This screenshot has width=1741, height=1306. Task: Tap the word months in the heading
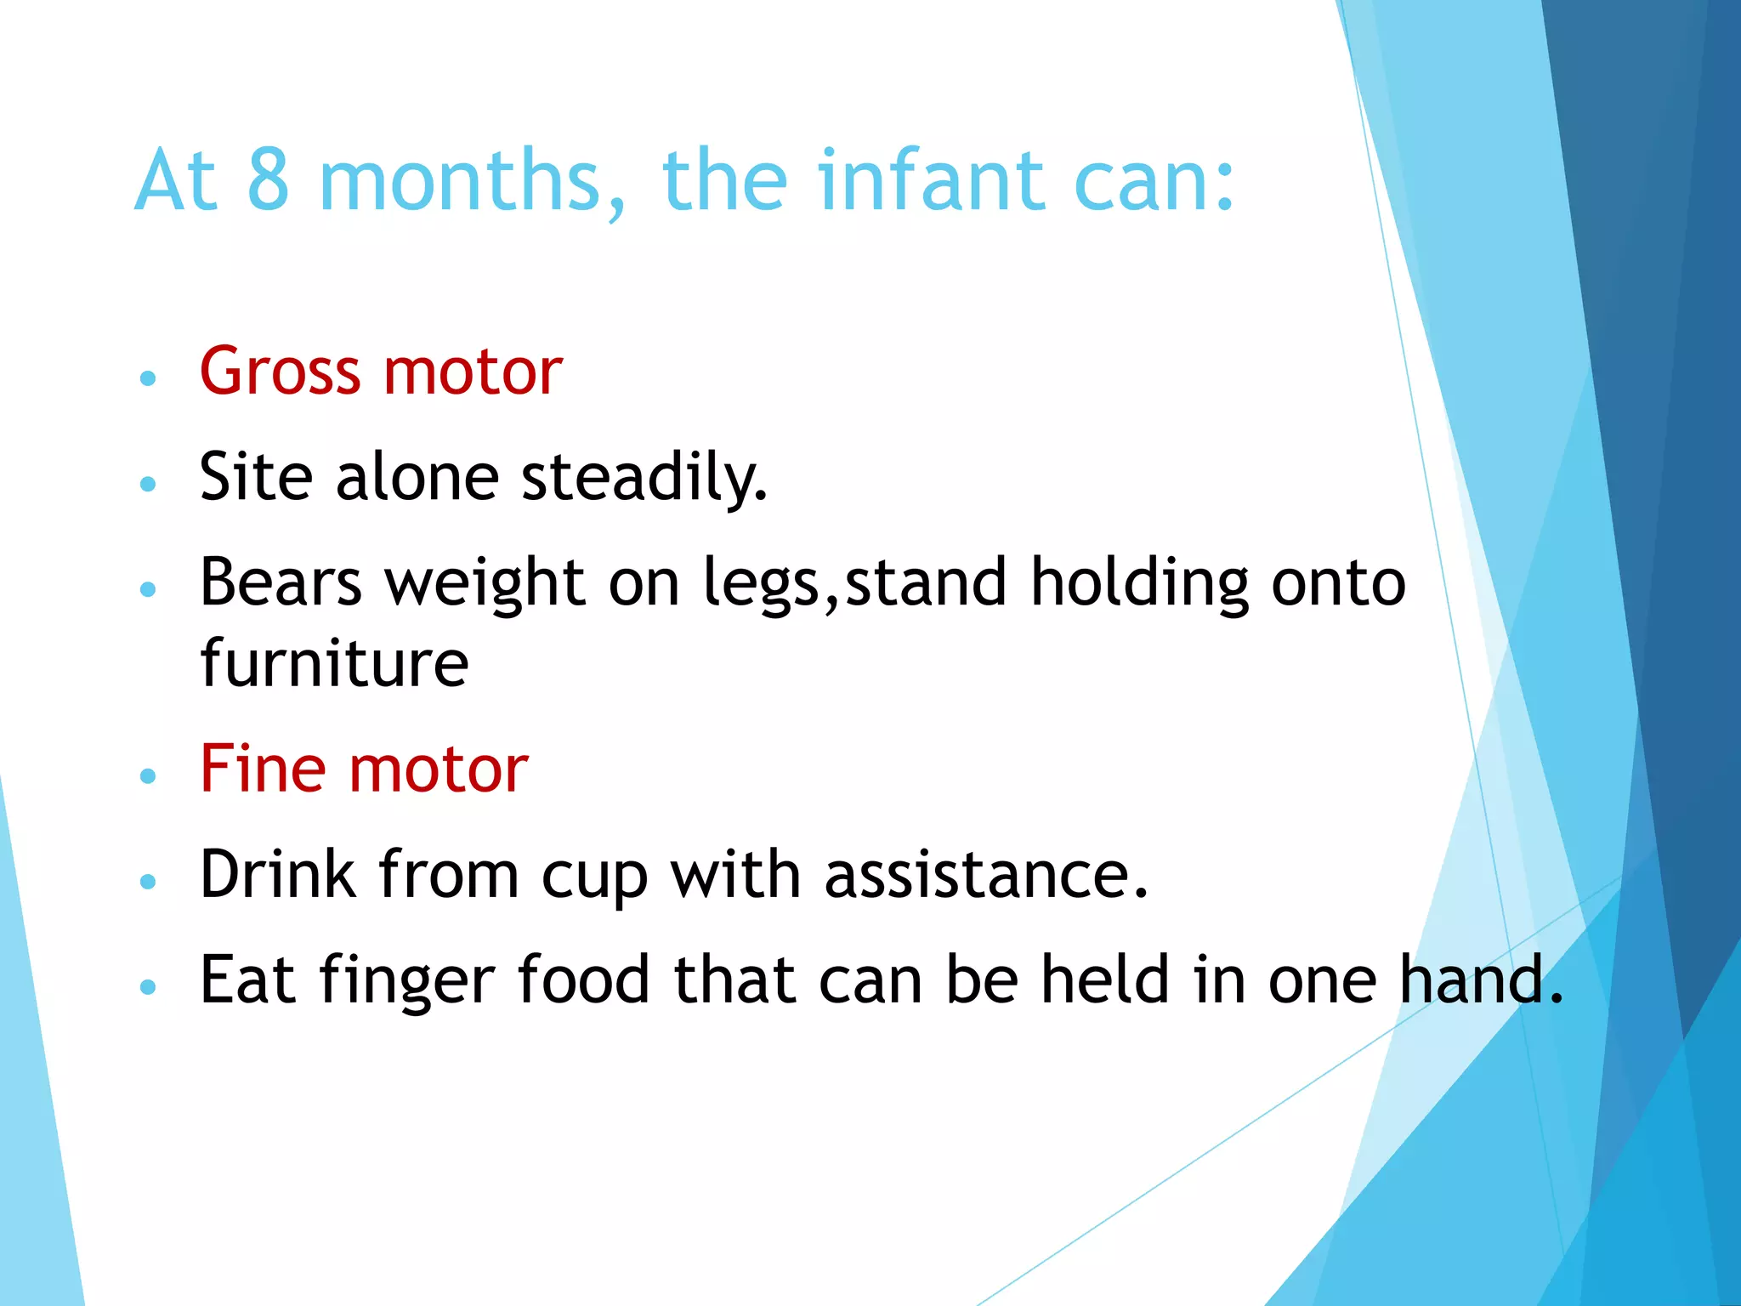tap(472, 181)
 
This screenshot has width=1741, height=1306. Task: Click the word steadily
tap(644, 478)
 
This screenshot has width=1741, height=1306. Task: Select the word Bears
tap(281, 582)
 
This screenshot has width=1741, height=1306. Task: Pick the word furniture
tap(334, 663)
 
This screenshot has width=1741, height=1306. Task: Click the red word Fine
tap(263, 769)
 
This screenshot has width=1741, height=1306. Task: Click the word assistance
tap(985, 876)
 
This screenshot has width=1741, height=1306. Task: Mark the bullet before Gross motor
tap(148, 378)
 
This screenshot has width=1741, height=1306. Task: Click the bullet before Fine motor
tap(148, 775)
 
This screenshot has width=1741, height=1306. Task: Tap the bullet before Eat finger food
tap(148, 986)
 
